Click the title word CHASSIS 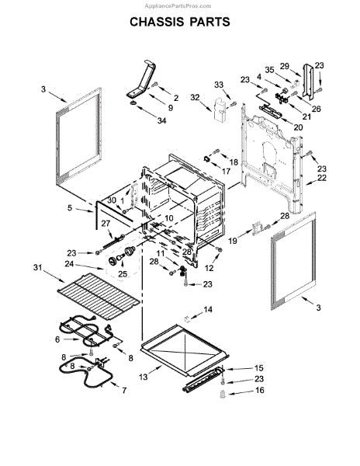click(157, 22)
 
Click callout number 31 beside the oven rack click(37, 268)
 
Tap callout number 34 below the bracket click(161, 120)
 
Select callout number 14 click(206, 310)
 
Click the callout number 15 click(259, 367)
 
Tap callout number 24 click(69, 263)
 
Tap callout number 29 click(284, 66)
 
